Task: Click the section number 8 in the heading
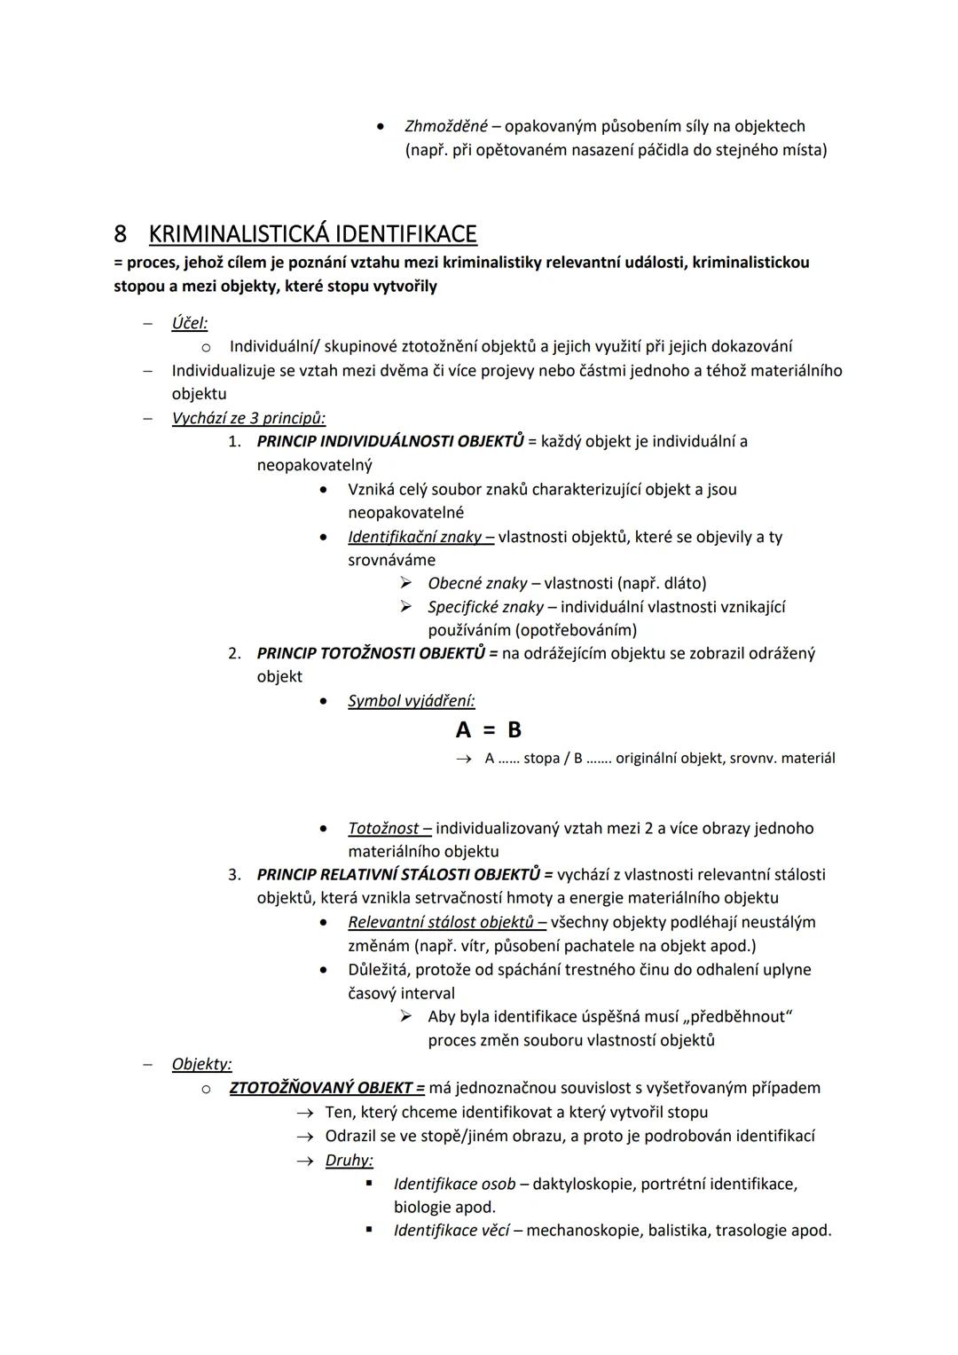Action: coord(120,234)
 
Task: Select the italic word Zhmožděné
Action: coord(445,126)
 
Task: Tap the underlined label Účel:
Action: coord(190,323)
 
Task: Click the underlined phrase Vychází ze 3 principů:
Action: coord(248,418)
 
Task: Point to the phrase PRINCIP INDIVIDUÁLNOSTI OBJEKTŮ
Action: coord(390,441)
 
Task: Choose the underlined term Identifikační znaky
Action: coord(414,537)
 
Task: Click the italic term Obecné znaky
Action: coord(477,583)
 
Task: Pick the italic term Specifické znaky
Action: coord(485,607)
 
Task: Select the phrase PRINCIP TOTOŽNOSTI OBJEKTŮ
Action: coord(371,653)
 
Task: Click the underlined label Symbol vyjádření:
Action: coord(411,701)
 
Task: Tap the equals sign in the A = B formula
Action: coord(489,730)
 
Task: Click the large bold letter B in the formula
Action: coord(514,730)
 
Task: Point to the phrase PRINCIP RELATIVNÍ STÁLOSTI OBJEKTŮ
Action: coord(398,874)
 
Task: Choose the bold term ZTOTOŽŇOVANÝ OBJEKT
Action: coord(321,1088)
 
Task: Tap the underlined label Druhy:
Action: coord(349,1160)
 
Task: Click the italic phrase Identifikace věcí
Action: coord(452,1231)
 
